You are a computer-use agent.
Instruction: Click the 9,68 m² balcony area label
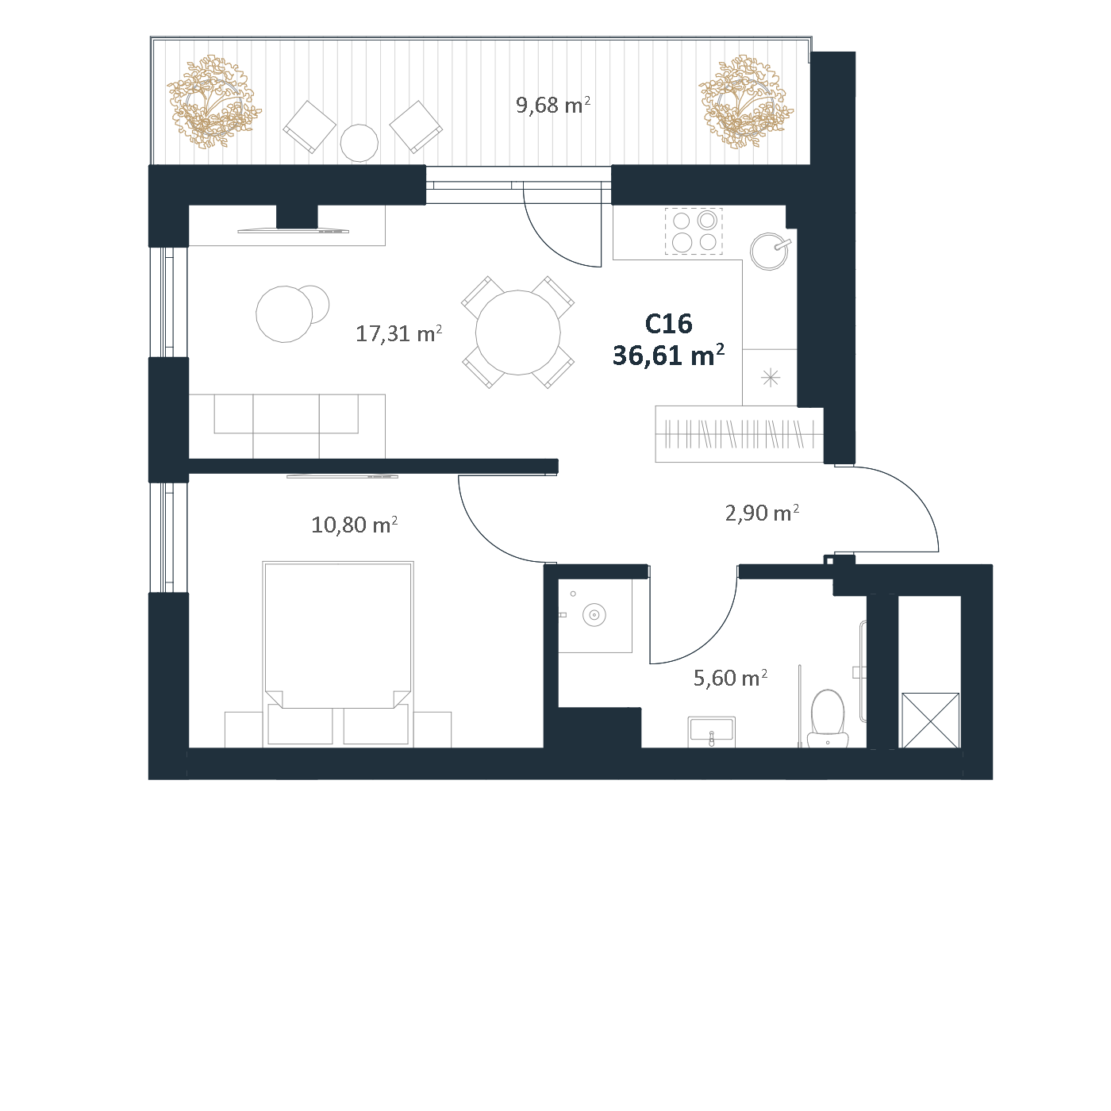point(552,105)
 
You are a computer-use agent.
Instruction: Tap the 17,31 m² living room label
point(398,333)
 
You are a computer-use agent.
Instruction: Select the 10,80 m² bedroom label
point(354,524)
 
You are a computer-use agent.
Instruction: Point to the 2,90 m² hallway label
point(762,513)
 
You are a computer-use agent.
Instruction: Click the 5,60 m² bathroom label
point(730,678)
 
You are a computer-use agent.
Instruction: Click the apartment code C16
point(668,324)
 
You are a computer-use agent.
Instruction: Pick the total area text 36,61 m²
point(668,356)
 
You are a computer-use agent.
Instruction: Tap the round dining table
point(517,333)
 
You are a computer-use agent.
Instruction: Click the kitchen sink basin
point(768,252)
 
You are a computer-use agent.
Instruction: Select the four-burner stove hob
point(694,231)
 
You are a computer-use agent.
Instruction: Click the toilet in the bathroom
point(828,718)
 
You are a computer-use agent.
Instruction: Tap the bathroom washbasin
point(712,732)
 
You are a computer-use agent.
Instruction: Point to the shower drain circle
point(594,614)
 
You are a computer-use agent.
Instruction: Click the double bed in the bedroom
point(338,655)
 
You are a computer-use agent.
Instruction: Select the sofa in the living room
point(286,426)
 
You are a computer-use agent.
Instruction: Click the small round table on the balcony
point(359,143)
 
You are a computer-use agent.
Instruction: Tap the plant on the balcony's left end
point(213,102)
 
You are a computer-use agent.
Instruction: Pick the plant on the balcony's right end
point(745,102)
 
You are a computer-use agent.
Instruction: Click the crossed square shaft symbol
point(930,721)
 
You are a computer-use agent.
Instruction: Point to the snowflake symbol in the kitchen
point(771,378)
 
